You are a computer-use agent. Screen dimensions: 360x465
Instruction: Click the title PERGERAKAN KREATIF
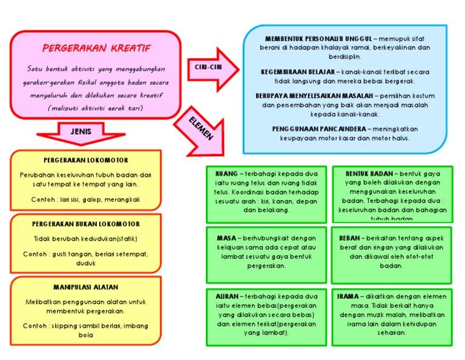click(97, 48)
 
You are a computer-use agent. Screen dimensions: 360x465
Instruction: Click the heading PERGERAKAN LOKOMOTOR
click(86, 161)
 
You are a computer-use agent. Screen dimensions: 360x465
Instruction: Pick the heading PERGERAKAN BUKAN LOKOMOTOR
click(86, 224)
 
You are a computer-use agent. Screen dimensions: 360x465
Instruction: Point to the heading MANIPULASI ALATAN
click(86, 287)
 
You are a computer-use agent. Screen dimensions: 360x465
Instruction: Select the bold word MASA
click(226, 238)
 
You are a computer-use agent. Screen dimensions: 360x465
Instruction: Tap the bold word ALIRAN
click(227, 296)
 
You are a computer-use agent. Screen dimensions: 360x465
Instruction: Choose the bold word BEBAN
click(350, 238)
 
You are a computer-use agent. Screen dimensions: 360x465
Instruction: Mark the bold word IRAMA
click(349, 296)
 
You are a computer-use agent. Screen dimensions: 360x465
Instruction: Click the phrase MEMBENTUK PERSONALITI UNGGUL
click(317, 39)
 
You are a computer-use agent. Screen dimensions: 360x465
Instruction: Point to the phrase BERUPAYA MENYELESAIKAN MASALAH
click(314, 96)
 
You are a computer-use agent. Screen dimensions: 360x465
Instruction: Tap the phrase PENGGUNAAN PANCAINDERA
click(318, 129)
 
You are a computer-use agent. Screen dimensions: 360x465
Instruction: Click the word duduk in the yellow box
click(86, 263)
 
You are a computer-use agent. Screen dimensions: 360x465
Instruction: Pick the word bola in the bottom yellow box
click(86, 335)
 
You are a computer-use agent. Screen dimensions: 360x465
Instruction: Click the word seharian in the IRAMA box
click(391, 332)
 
